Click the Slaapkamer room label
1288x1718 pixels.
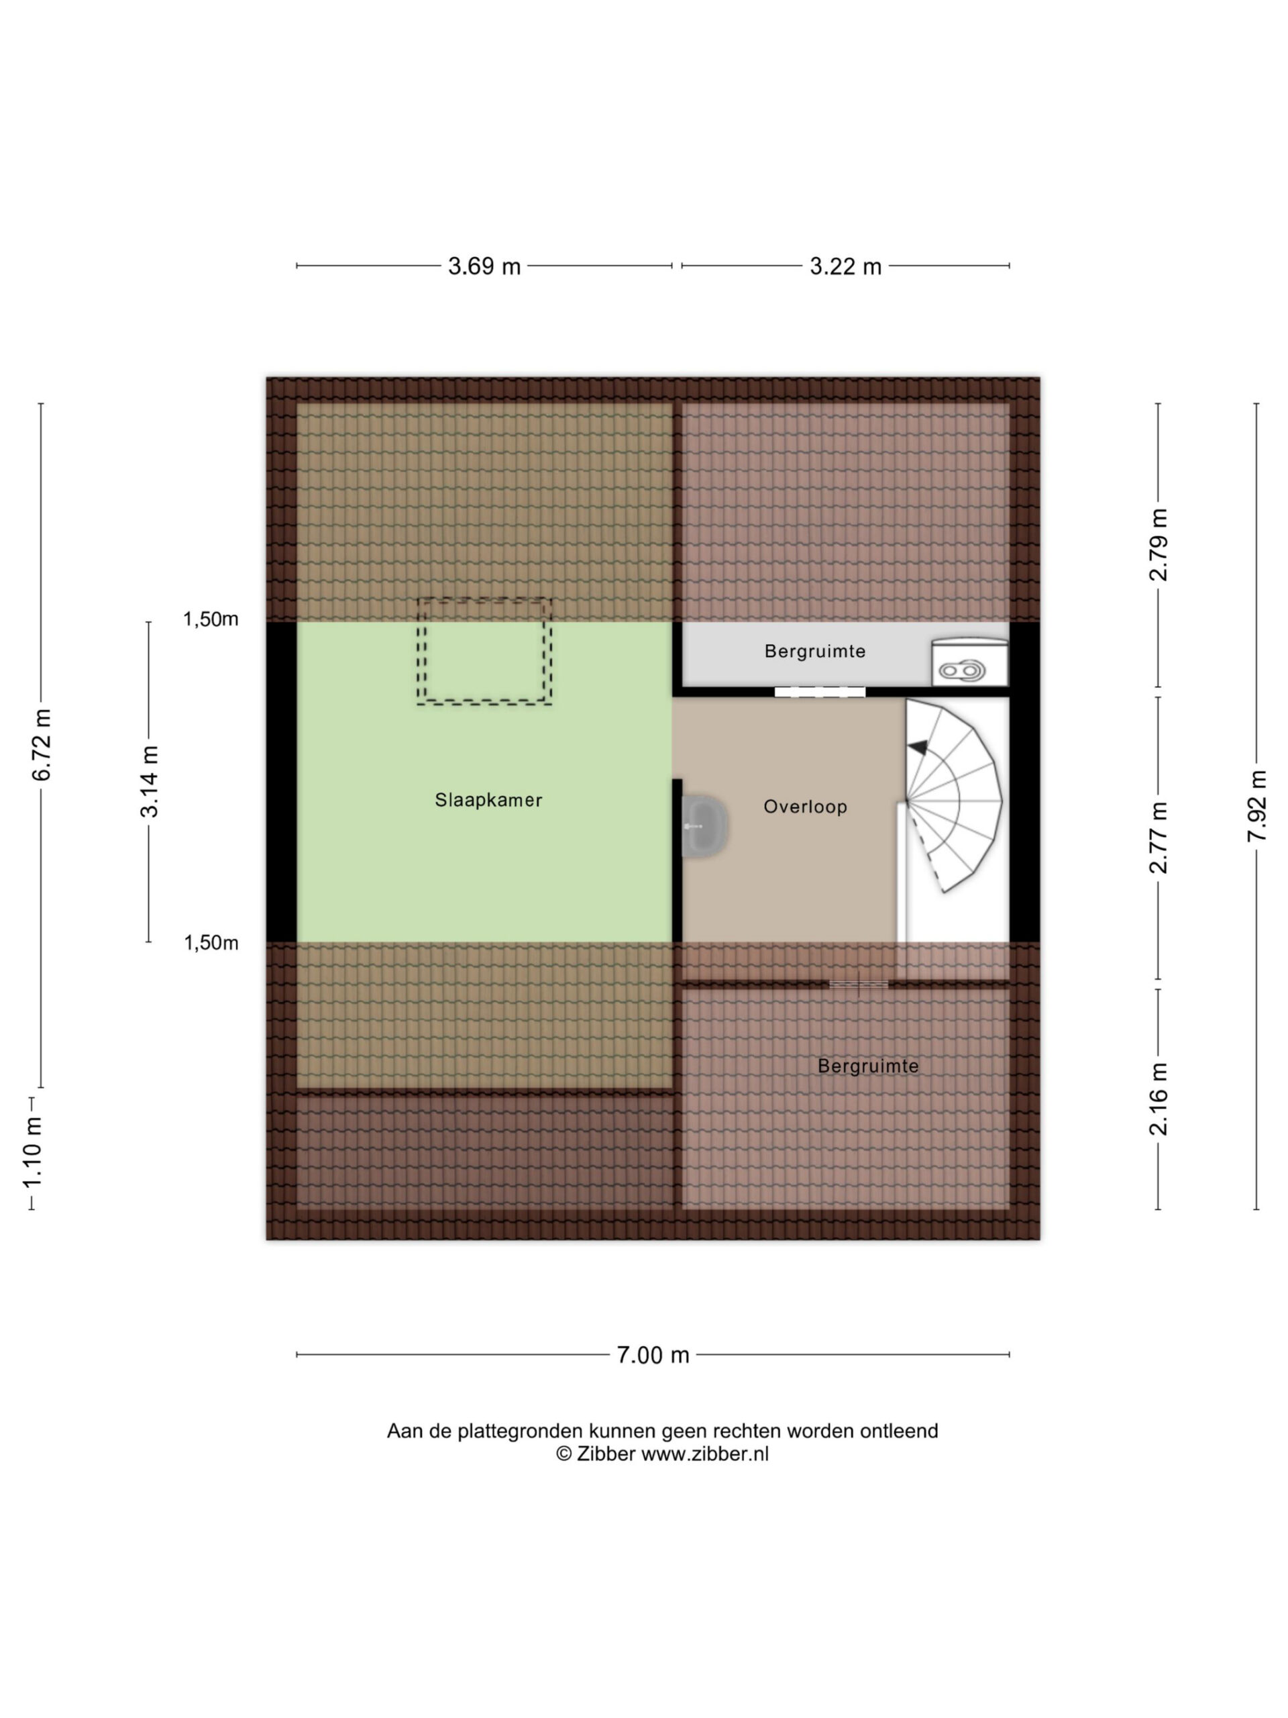[x=488, y=799]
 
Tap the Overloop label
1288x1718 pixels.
[x=804, y=806]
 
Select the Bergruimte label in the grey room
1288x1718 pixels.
[x=814, y=651]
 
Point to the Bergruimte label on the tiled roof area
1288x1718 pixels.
[x=868, y=1066]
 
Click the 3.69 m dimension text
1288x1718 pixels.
[x=484, y=266]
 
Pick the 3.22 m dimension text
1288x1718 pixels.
[x=845, y=266]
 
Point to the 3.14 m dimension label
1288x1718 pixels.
[x=149, y=781]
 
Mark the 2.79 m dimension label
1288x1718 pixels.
[x=1158, y=544]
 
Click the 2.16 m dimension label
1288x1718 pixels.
[x=1158, y=1098]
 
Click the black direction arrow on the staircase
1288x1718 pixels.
[x=918, y=746]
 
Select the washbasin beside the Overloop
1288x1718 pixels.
[x=704, y=825]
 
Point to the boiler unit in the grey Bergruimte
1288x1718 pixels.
[x=968, y=662]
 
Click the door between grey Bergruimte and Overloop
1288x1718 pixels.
[x=819, y=692]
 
